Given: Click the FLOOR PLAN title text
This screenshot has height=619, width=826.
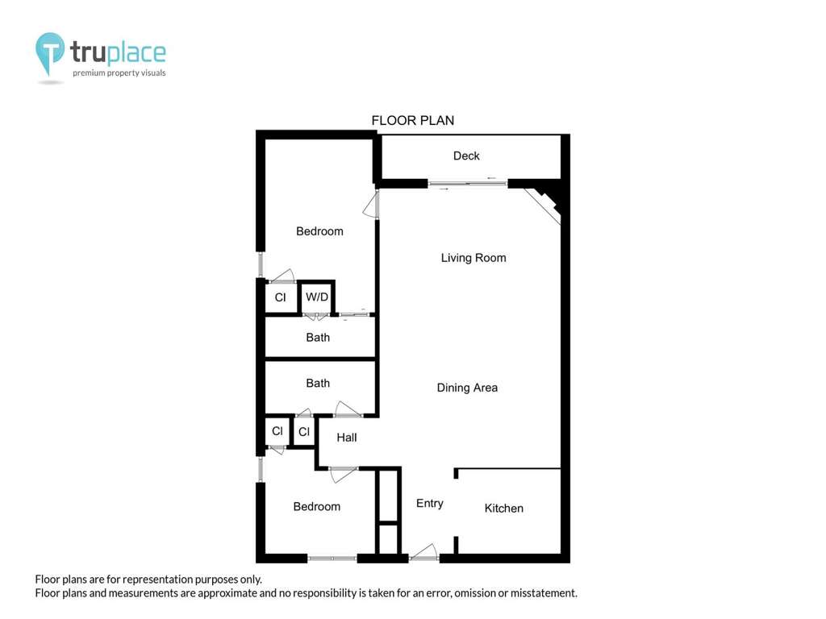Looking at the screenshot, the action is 412,121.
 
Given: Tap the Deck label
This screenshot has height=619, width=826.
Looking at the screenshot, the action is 466,156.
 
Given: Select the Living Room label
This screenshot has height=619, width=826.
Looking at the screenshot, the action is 473,258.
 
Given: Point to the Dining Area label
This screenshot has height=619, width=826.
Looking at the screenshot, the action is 467,388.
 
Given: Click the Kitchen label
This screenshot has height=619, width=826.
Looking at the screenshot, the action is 503,509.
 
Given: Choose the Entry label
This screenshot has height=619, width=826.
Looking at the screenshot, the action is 429,504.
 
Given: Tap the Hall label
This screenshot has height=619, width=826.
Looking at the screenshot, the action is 347,438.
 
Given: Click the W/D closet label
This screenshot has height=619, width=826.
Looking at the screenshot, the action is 316,297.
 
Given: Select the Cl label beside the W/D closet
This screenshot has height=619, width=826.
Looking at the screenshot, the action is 280,297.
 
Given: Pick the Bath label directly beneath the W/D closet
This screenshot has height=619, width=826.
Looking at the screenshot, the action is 318,338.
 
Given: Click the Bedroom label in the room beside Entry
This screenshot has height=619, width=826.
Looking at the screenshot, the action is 316,507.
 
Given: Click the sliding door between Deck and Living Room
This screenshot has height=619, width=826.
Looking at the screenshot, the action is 467,184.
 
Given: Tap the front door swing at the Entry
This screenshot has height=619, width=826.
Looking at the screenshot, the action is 423,551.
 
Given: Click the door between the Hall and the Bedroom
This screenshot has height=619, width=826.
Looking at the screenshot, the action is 343,474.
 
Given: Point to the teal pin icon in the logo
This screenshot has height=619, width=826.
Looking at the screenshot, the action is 49,51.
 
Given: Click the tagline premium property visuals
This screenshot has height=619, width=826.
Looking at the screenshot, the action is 119,73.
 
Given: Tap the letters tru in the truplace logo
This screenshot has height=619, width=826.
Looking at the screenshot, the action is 88,52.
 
